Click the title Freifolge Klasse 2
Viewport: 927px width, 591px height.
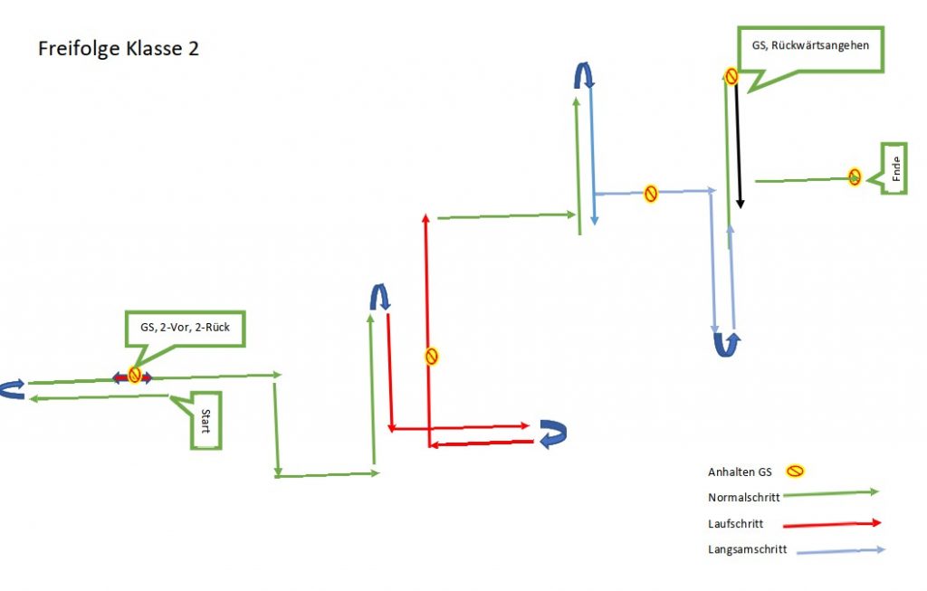tap(119, 49)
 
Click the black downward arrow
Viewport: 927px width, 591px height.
tap(740, 145)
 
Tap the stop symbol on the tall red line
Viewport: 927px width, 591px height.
tap(432, 357)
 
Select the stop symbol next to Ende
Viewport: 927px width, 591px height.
tap(855, 177)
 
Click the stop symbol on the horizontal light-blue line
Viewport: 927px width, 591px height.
tap(650, 193)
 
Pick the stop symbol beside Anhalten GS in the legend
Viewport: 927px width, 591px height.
tap(795, 471)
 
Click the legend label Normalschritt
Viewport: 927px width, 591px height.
tap(743, 497)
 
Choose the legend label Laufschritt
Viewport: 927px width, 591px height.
tap(736, 523)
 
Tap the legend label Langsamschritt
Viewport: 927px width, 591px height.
tap(748, 549)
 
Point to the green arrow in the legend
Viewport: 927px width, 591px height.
tap(830, 493)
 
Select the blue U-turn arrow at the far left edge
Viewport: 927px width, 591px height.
tap(12, 389)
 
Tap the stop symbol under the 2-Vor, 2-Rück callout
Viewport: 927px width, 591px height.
tap(134, 376)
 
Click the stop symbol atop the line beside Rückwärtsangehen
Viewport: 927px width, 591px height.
tap(731, 77)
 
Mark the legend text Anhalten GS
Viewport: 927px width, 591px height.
tap(740, 472)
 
